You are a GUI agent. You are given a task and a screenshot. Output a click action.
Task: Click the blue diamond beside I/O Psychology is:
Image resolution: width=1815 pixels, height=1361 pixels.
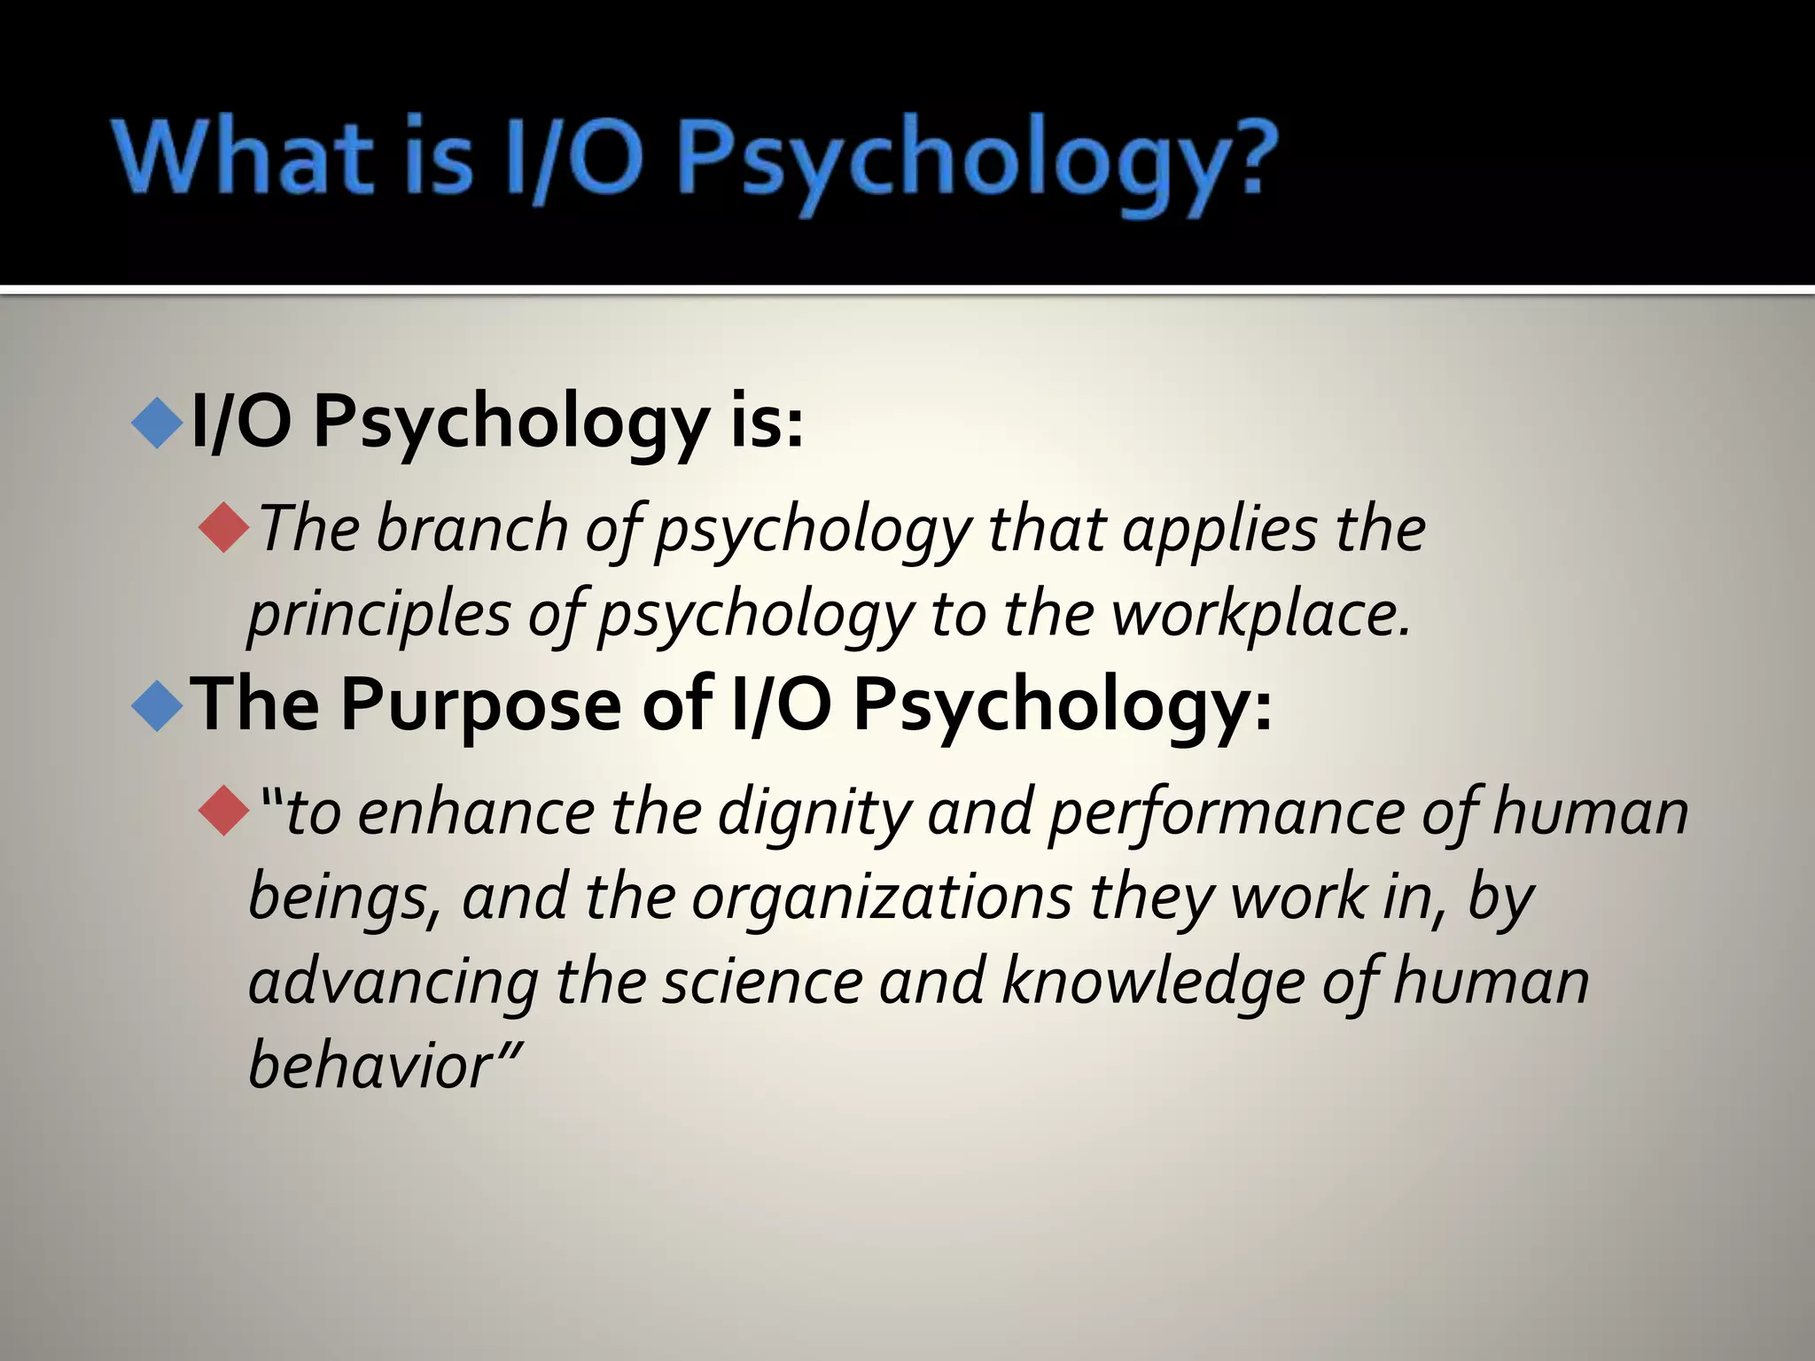coord(157,423)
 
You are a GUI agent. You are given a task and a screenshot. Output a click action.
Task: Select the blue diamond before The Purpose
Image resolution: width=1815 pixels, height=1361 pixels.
coord(157,705)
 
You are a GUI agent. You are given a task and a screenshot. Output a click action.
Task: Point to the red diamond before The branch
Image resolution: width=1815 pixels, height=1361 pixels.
coord(224,528)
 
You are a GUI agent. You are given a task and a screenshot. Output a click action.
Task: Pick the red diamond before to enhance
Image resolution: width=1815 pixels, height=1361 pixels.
coord(224,811)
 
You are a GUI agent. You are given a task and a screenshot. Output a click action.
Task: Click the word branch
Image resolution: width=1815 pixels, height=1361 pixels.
coord(471,530)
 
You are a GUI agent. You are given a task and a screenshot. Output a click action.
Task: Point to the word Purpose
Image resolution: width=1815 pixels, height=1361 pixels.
coord(480,707)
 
